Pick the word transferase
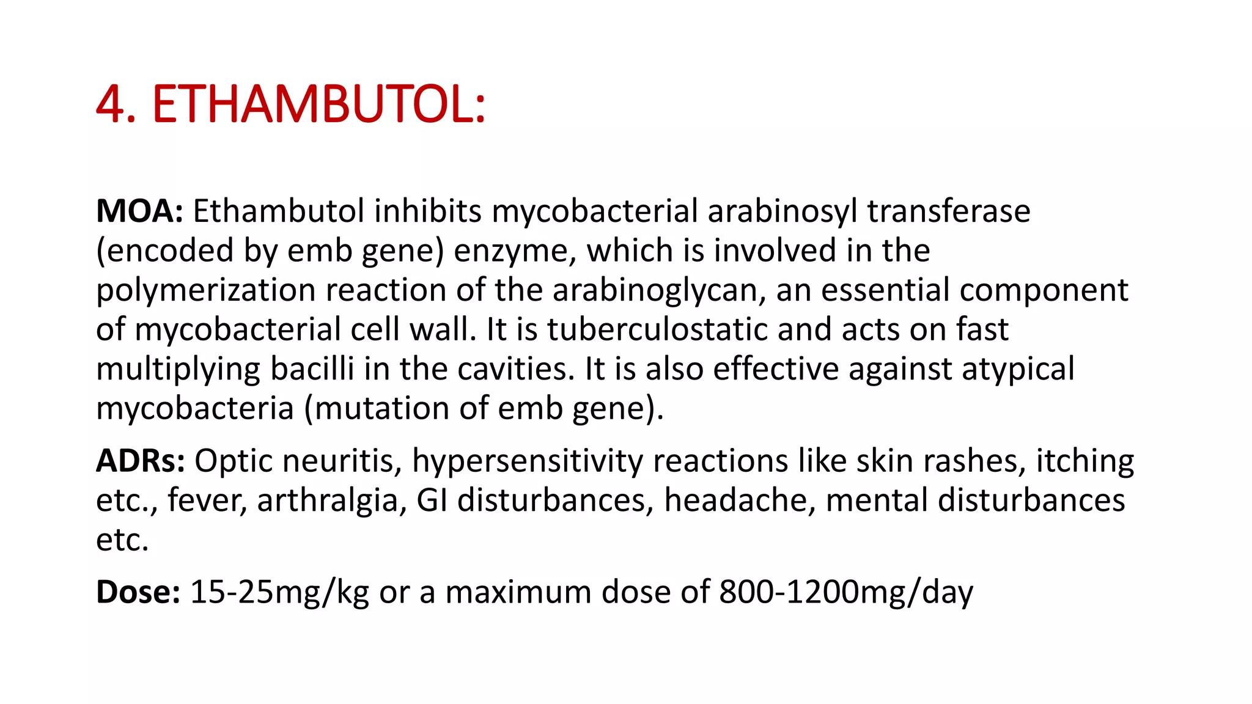[948, 211]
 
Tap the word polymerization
[206, 291]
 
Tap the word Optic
[233, 461]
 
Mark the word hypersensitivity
[527, 461]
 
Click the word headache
[739, 500]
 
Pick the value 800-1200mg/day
[845, 593]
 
